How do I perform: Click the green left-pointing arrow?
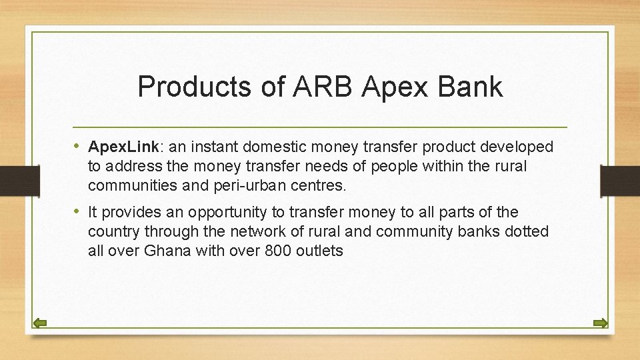pyautogui.click(x=40, y=324)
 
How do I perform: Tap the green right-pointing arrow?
pyautogui.click(x=600, y=324)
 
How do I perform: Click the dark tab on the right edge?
pyautogui.click(x=619, y=181)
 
